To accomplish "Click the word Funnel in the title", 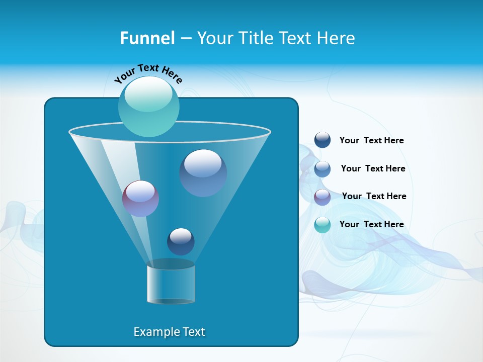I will click(147, 38).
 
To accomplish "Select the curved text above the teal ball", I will click(148, 73).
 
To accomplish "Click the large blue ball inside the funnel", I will click(203, 173).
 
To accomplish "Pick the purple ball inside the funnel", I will click(140, 199).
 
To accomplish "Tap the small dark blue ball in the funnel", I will click(181, 241).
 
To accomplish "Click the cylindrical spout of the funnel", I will click(171, 283).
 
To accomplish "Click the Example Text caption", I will click(169, 332).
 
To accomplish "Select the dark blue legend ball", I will click(323, 140).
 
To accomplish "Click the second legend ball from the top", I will click(323, 169).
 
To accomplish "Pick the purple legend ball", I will click(323, 197).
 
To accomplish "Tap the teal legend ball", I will click(323, 225).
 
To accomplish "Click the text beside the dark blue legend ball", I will click(371, 141).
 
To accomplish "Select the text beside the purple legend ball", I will click(374, 197).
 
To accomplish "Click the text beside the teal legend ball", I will click(371, 225).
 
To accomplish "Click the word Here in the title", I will click(337, 38).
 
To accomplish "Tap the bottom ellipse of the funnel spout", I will click(171, 301).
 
